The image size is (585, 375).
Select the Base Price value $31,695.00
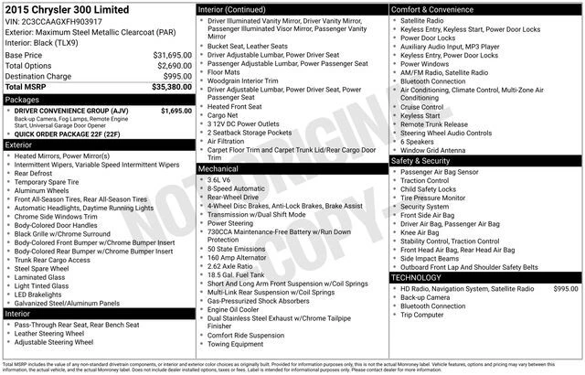171,55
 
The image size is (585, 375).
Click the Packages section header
23,99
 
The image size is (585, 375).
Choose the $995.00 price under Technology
566,288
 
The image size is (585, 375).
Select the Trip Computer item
427,316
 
